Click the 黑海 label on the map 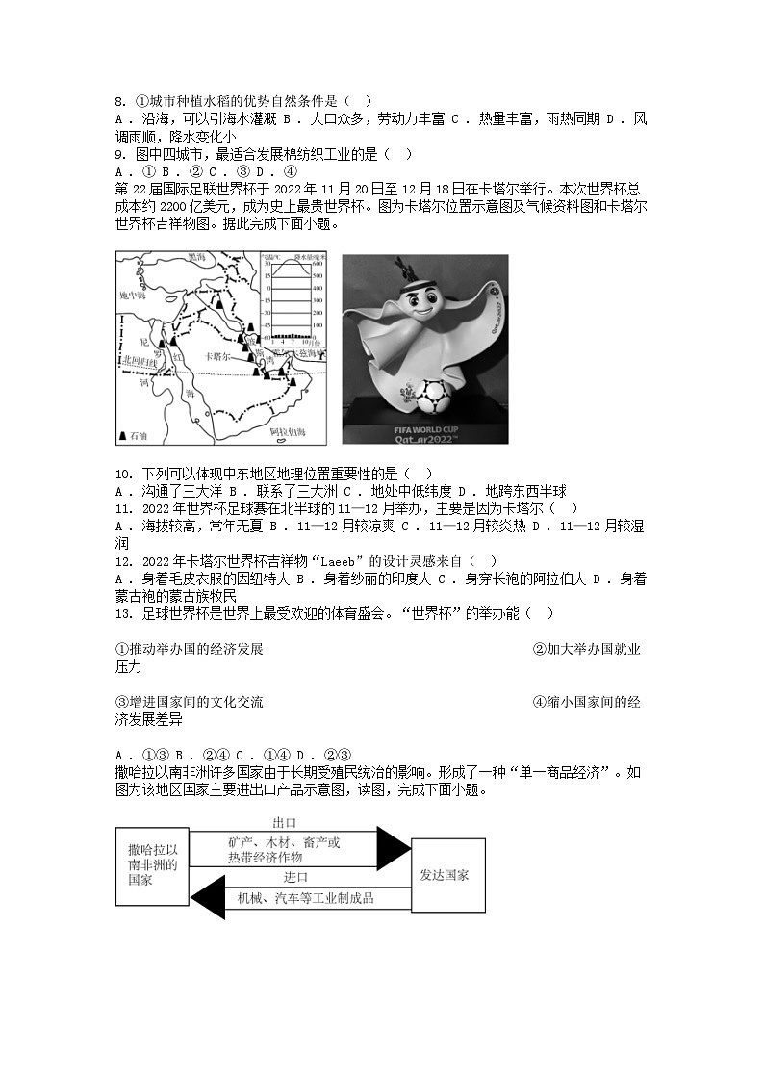[x=197, y=258]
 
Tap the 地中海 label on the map [x=131, y=296]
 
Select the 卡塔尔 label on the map [x=220, y=355]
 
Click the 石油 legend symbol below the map [x=123, y=436]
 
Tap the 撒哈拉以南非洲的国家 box [x=153, y=865]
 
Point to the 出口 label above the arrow [x=284, y=823]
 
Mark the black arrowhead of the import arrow [x=208, y=898]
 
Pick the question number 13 [x=122, y=613]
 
